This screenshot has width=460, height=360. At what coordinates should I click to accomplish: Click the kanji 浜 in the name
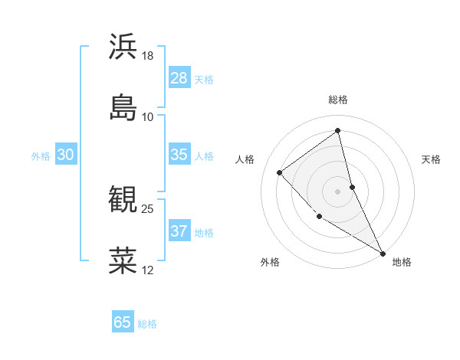[x=123, y=47]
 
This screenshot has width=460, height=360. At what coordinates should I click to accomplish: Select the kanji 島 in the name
[x=123, y=108]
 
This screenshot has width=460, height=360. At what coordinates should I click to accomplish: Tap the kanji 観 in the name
[x=123, y=200]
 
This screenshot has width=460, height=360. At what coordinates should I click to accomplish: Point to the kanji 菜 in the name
[x=123, y=261]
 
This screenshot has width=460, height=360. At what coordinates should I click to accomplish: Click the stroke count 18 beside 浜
[x=148, y=56]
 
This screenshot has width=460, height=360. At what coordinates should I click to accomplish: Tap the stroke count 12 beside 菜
[x=148, y=270]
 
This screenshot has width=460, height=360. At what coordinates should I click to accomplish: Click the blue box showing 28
[x=179, y=78]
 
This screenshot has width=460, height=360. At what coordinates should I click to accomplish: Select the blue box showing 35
[x=179, y=155]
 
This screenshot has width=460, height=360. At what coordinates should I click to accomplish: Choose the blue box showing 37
[x=179, y=231]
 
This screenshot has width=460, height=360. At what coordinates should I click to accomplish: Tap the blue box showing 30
[x=65, y=155]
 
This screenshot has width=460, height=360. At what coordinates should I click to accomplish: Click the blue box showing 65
[x=123, y=322]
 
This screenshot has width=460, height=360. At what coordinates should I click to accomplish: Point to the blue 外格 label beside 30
[x=41, y=156]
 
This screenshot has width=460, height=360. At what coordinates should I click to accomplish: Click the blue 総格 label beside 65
[x=147, y=324]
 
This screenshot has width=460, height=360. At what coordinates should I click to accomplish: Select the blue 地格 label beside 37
[x=204, y=233]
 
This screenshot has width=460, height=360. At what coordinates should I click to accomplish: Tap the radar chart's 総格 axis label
[x=338, y=100]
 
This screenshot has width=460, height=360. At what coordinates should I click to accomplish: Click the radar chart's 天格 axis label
[x=432, y=159]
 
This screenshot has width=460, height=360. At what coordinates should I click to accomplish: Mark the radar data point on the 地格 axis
[x=383, y=253]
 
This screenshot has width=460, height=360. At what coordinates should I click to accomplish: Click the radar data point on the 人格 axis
[x=280, y=172]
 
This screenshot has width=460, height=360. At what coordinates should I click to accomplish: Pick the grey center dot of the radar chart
[x=338, y=191]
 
